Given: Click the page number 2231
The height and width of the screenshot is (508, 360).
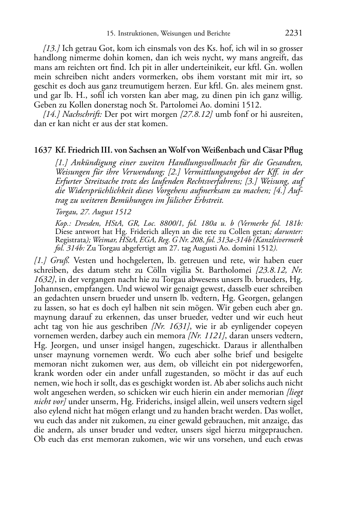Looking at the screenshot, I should coord(294,33).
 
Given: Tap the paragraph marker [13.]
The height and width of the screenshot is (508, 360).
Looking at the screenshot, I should coord(52,48).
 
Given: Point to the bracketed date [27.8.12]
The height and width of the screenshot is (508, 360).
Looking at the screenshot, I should coord(194,115).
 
